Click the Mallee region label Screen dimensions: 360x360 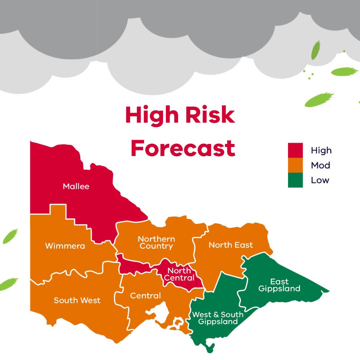(76, 186)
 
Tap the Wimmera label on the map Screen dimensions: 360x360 (65, 246)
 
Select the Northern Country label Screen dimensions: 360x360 (156, 243)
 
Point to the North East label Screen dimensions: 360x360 (231, 245)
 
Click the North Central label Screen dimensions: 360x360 (180, 274)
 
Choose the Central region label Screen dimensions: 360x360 (145, 296)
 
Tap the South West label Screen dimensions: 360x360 (77, 300)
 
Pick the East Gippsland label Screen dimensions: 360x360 (279, 285)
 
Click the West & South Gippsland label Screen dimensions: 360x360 (218, 318)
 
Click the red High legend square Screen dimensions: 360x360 (295, 150)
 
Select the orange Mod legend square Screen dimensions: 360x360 (295, 165)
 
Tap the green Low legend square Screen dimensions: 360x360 (295, 180)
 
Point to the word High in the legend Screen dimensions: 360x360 (321, 151)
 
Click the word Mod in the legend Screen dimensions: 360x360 (320, 165)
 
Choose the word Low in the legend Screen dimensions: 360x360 (320, 180)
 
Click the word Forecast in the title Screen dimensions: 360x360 (183, 148)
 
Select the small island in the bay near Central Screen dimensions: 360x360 (179, 323)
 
